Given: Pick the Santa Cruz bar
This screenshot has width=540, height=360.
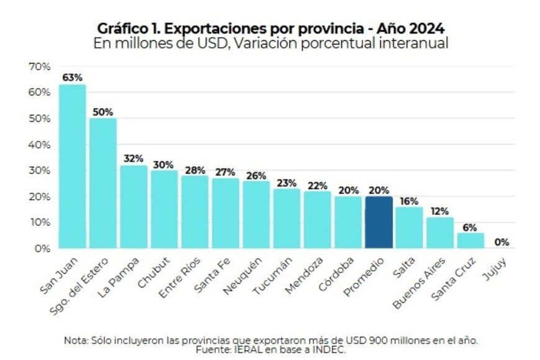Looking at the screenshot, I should click(470, 240).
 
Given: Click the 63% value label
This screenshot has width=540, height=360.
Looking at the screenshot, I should click(72, 78).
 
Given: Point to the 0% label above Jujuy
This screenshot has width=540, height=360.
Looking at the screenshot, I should click(501, 241).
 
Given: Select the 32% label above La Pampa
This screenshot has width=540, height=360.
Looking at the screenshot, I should click(133, 158).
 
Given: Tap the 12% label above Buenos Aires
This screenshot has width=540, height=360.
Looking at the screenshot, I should click(440, 210).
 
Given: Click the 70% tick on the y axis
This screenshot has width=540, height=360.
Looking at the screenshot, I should click(38, 66).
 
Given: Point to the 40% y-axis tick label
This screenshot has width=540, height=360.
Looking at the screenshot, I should click(38, 145).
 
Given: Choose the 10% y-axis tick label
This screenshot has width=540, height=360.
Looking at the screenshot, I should click(38, 222).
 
